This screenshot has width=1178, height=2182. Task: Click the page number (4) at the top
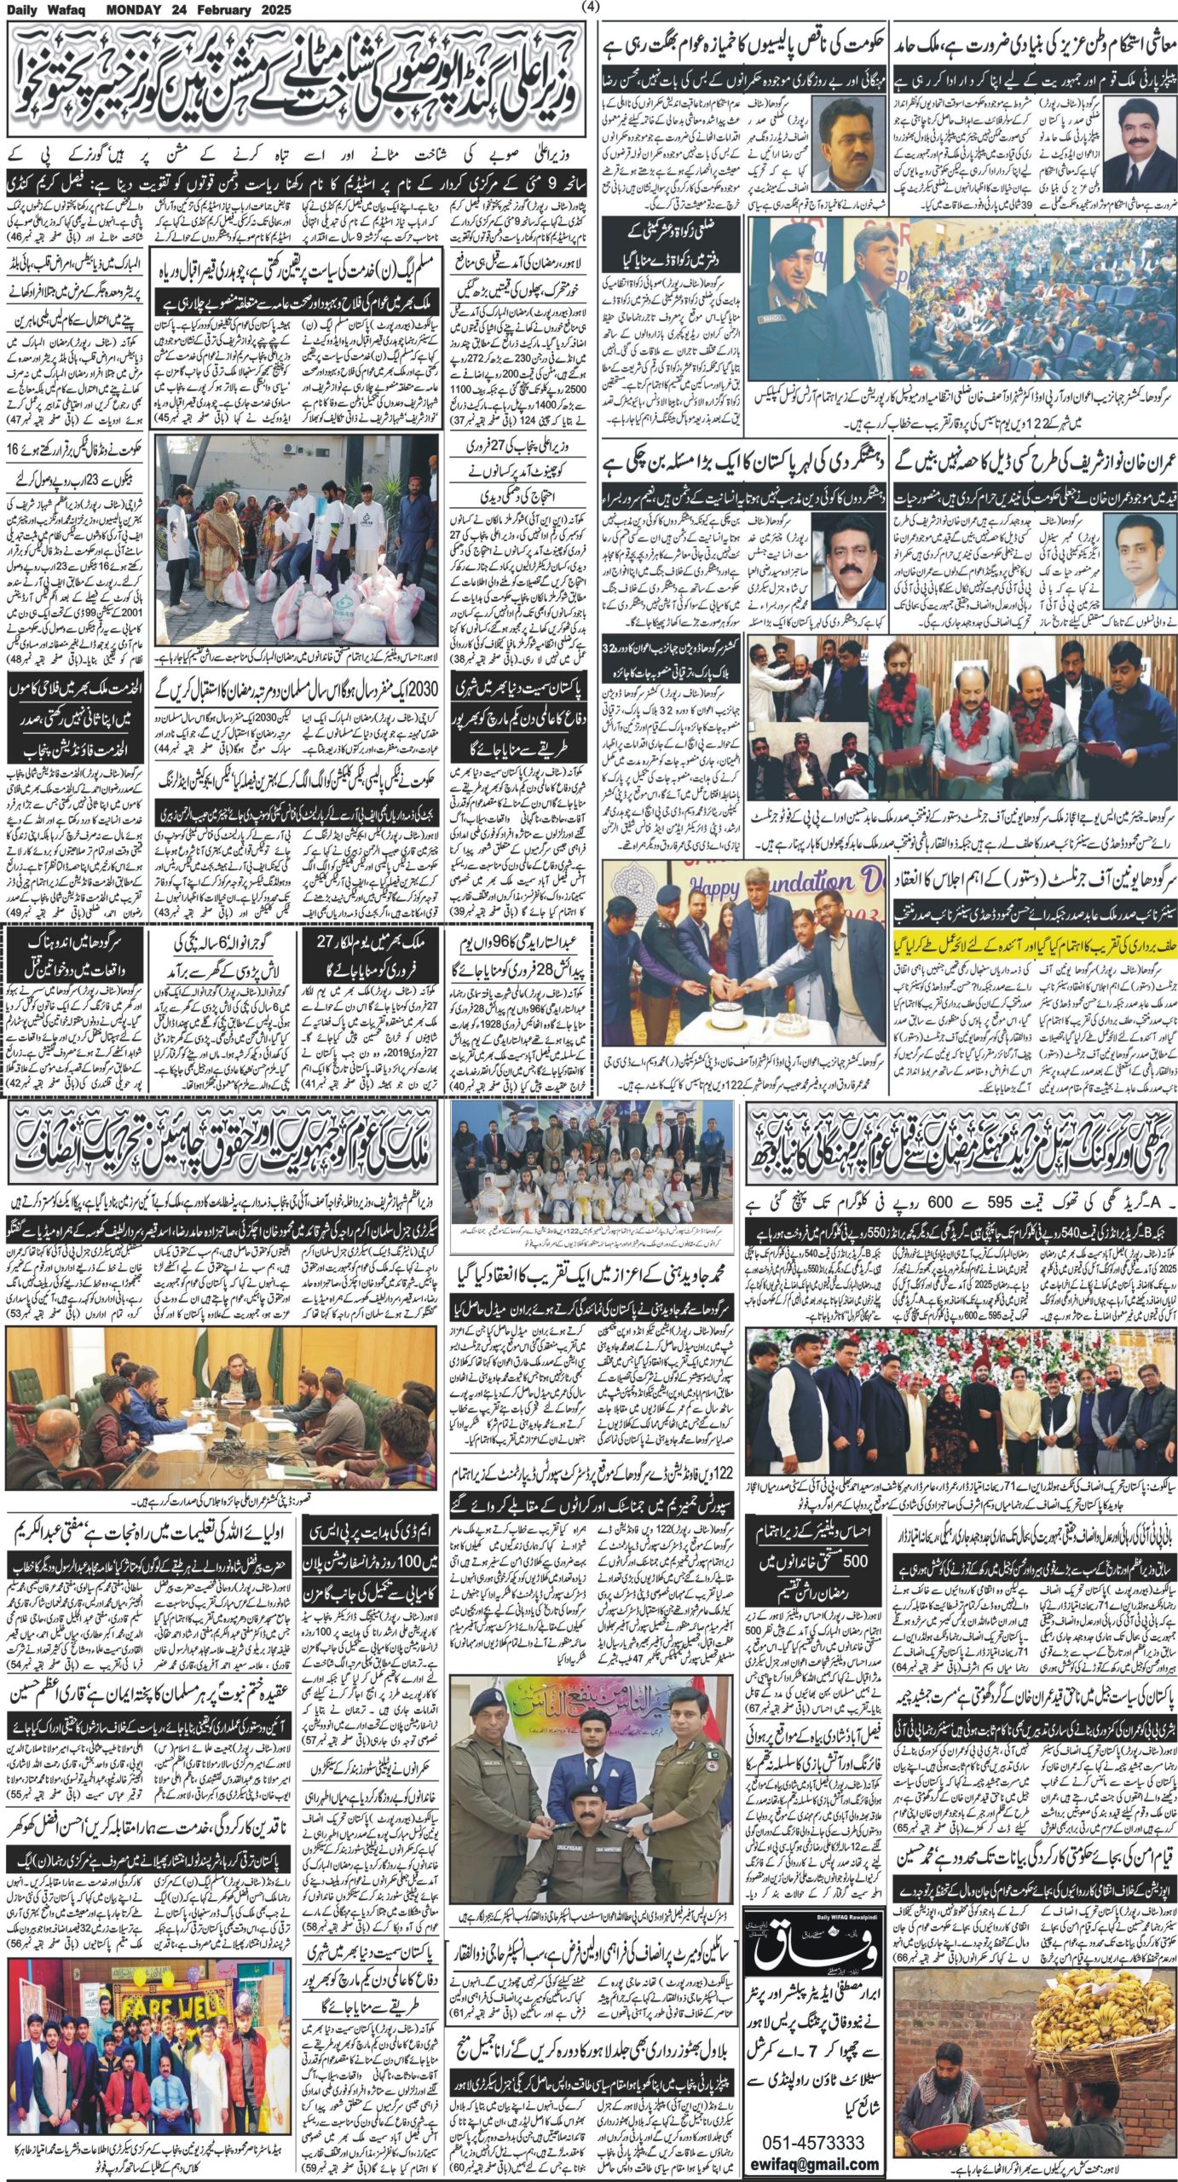[588, 8]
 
